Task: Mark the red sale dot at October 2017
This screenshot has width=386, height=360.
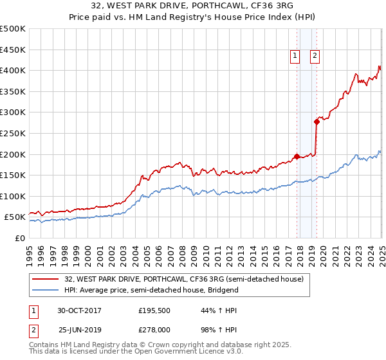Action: click(x=297, y=156)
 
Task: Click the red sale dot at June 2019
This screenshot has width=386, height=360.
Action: click(x=317, y=122)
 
